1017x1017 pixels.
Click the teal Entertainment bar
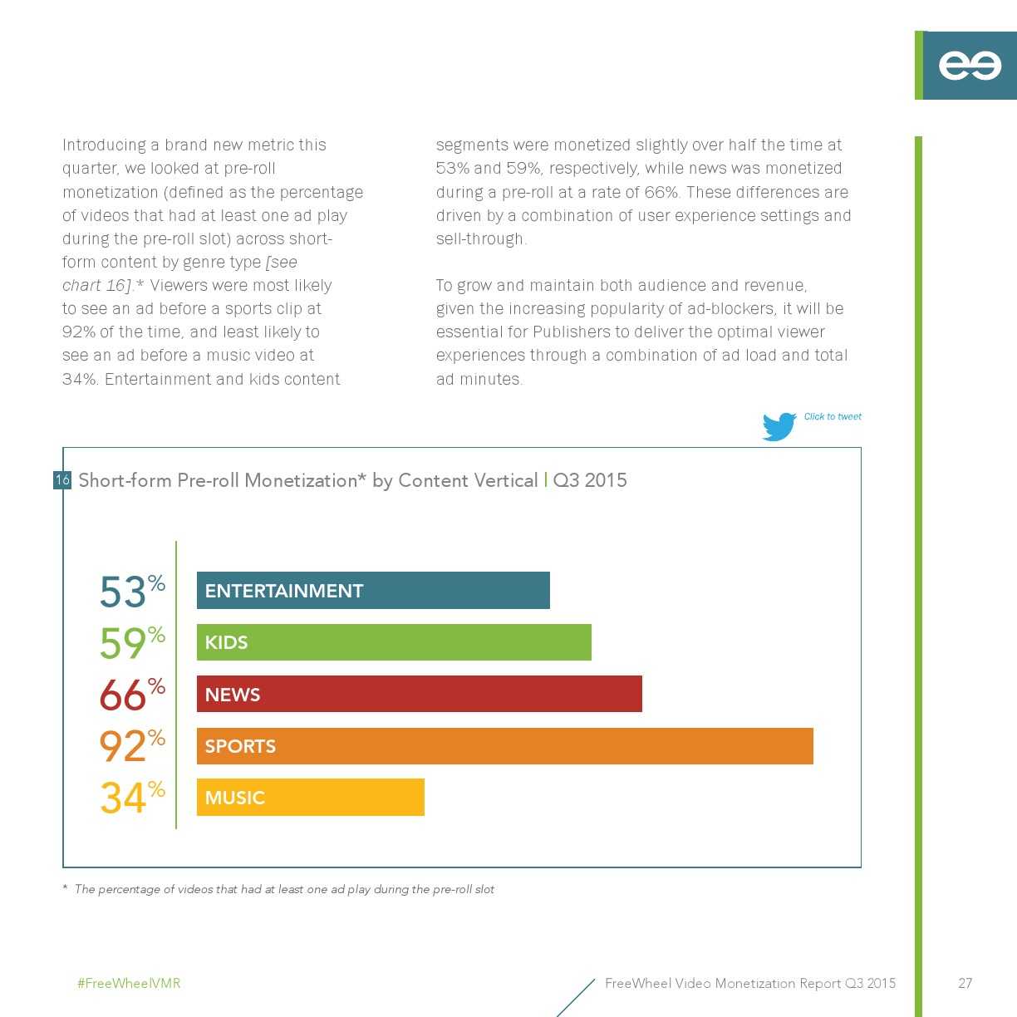tap(373, 591)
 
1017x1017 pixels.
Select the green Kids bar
tap(394, 642)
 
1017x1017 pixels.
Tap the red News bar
tap(419, 694)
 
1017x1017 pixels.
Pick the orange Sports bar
tap(504, 746)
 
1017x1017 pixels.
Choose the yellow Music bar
tap(310, 798)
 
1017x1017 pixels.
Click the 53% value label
tap(131, 592)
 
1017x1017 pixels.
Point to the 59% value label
tap(131, 642)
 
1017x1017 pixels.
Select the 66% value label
tap(131, 695)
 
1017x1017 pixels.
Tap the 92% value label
tap(131, 745)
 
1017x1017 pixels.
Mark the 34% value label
tap(131, 797)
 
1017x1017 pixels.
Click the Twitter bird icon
tap(779, 426)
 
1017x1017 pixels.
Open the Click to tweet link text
tap(833, 417)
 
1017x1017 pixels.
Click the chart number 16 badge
tap(62, 480)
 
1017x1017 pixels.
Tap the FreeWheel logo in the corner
tap(969, 66)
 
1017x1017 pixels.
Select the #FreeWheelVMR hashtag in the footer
tap(129, 984)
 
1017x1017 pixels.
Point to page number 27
tap(965, 984)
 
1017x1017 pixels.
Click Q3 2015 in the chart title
tap(590, 480)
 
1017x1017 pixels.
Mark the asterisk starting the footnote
tap(65, 888)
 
